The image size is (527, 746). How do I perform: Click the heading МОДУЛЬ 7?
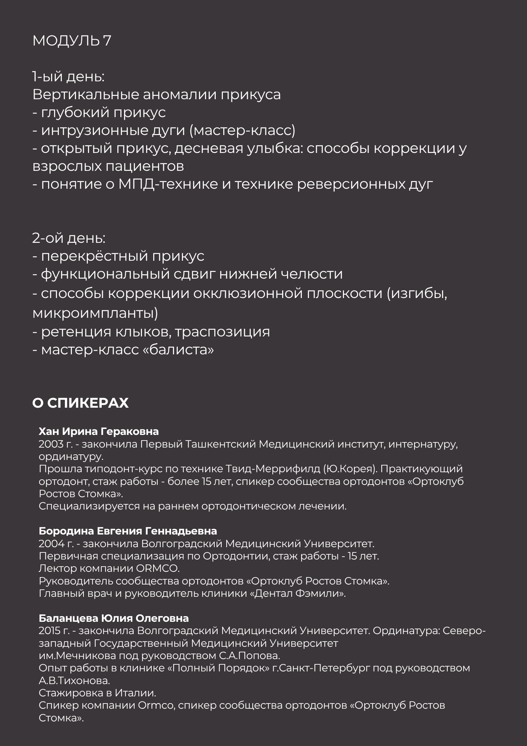tap(72, 41)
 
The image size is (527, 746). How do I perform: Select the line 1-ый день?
tap(68, 77)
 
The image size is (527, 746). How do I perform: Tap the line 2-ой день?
tap(69, 238)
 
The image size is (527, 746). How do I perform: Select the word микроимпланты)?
tap(95, 313)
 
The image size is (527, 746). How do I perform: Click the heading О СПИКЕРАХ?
tap(81, 403)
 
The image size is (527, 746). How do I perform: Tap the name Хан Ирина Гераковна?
tap(99, 432)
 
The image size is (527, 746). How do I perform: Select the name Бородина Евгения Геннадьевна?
tap(128, 531)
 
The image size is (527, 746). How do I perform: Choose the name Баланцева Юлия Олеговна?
tap(114, 618)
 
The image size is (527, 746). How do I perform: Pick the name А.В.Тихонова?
tap(74, 681)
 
